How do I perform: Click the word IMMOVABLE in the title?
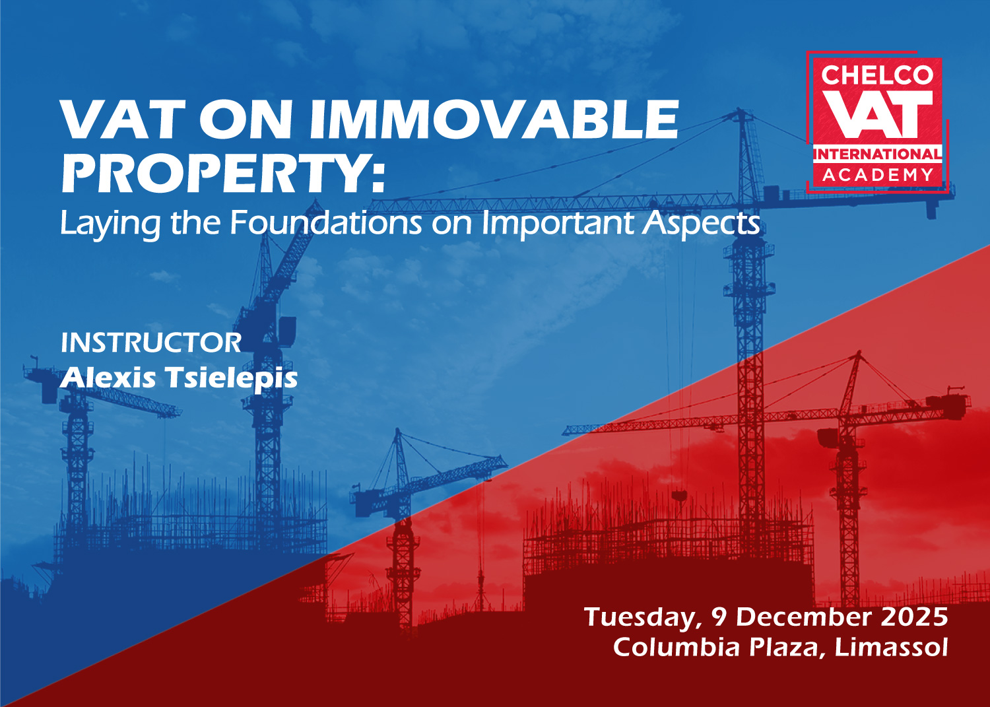pos(494,119)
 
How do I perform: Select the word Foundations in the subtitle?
pos(326,223)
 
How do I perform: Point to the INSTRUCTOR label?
pos(151,343)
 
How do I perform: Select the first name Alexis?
pos(108,378)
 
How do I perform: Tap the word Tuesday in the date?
pos(643,618)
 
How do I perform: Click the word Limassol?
pos(891,648)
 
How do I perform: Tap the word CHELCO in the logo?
pos(877,75)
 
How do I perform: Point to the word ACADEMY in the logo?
pos(878,175)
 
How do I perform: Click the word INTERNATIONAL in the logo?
pos(878,154)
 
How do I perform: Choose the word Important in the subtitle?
pos(558,224)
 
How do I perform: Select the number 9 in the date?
pos(719,617)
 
